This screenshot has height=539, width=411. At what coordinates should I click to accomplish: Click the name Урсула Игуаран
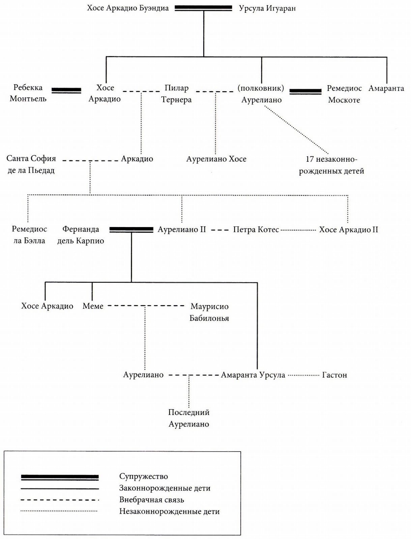coord(267,9)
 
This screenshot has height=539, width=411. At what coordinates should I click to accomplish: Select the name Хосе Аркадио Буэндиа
coord(128,8)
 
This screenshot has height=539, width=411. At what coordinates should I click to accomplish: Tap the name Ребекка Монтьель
coord(28,93)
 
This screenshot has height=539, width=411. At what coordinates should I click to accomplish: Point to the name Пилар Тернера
coord(176,94)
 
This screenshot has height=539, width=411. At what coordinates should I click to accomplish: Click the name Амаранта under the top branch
coord(386,88)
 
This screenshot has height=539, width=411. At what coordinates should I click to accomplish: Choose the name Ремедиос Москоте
coord(344,94)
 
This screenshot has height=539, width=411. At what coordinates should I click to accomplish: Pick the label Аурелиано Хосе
coord(216,159)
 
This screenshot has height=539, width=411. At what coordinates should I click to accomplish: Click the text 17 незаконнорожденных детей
coord(331,165)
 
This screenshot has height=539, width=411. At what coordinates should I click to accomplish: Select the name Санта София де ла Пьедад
coord(31,164)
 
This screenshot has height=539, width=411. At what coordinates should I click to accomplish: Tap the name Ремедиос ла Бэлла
coord(29,235)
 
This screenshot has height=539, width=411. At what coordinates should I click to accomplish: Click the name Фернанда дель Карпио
coord(81,235)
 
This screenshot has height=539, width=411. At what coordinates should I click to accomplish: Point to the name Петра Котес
coord(256,230)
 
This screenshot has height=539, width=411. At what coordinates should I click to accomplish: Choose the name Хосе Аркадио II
coord(349,230)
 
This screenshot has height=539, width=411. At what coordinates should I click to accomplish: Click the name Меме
coord(93,306)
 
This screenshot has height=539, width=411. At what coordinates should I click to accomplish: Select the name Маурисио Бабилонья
coord(209,312)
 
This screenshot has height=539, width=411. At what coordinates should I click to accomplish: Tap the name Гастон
coord(334,375)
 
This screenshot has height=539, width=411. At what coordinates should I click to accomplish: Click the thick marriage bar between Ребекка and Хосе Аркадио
coord(66,91)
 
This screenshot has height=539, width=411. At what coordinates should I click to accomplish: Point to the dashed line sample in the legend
coord(60,500)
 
